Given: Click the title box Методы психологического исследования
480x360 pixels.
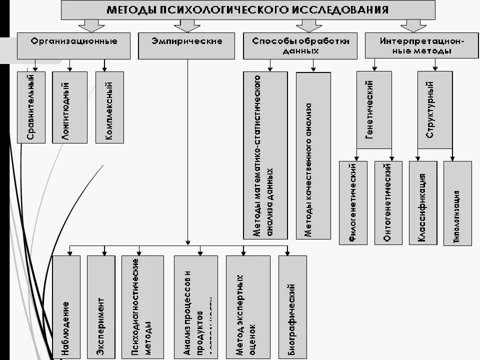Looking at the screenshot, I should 248,10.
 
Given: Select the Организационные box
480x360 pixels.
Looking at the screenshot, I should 74,46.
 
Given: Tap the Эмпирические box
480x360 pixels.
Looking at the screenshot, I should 186,46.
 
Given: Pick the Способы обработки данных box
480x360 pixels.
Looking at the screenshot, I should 300,46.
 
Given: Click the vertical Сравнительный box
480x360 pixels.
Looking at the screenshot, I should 31,107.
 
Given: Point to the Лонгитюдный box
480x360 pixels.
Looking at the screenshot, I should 66,107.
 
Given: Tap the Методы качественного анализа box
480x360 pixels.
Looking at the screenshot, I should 313,155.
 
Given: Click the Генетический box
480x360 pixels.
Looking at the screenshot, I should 373,109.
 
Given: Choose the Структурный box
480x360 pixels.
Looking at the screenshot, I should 434,109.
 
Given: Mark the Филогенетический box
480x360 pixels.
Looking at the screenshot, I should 353,202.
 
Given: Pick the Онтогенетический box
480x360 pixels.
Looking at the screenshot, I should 388,202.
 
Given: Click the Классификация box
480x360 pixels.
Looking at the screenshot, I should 423,202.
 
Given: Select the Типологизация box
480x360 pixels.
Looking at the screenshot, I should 457,202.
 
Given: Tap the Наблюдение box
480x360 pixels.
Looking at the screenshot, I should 66,307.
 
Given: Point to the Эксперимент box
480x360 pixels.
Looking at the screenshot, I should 101,307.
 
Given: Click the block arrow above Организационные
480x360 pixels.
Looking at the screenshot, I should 91,25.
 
